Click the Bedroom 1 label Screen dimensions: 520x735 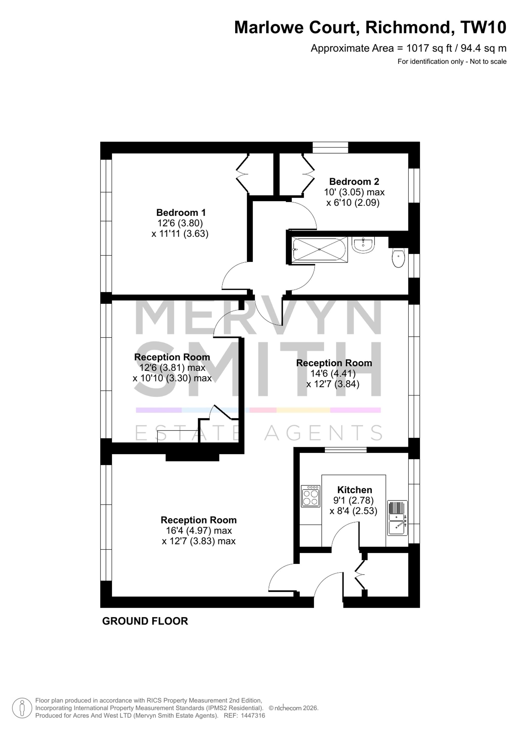tap(181, 213)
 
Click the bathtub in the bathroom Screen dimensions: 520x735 tap(319, 250)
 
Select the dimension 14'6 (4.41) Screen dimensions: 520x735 tap(333, 373)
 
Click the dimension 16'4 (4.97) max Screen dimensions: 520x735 tap(199, 531)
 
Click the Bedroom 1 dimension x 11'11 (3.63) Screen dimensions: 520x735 tap(180, 234)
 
